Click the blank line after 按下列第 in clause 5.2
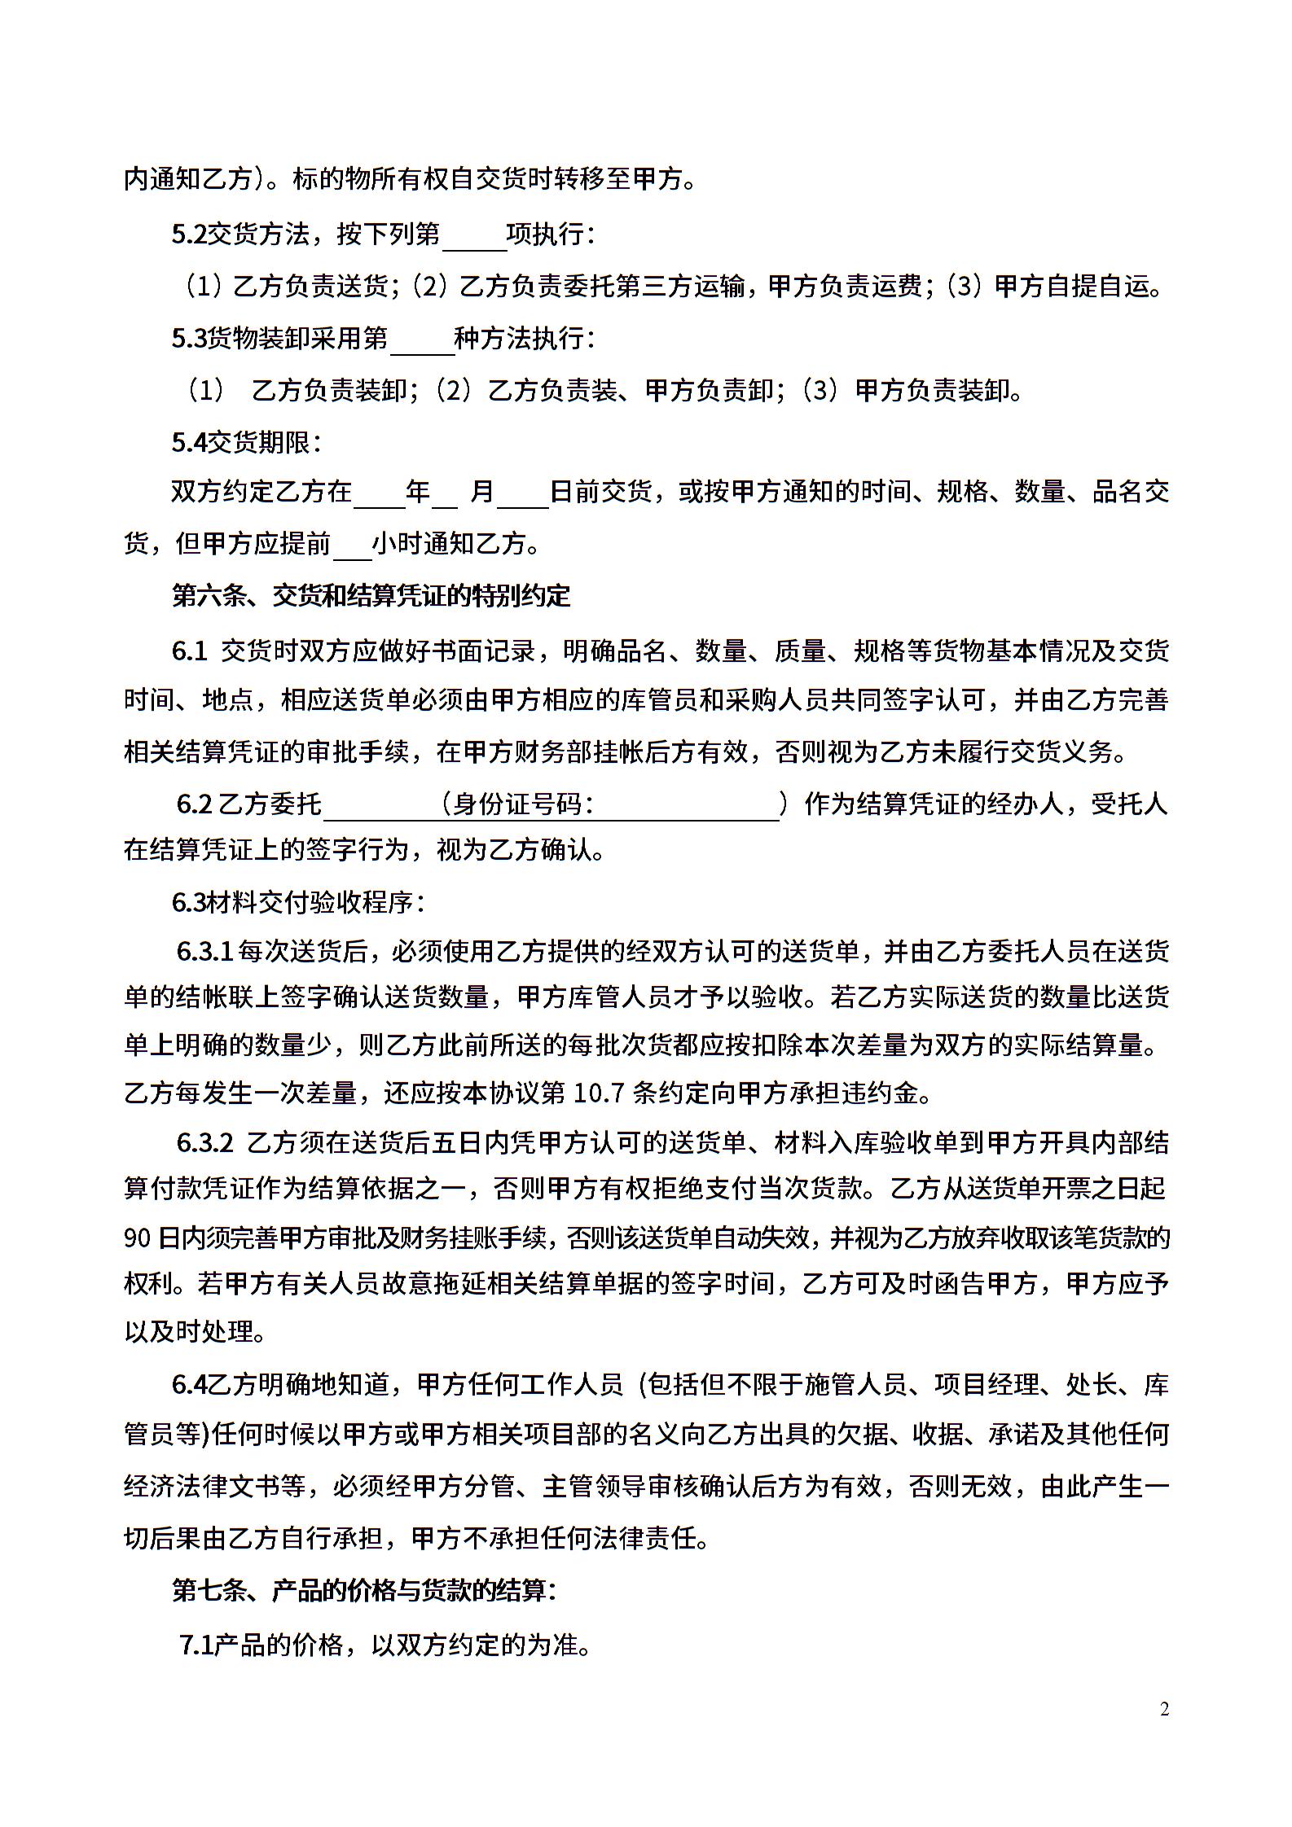pos(472,236)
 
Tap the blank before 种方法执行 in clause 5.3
pos(422,340)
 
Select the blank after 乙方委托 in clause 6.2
pos(380,805)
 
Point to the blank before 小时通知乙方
pos(352,544)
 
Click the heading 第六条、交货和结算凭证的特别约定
pos(371,596)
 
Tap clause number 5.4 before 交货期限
pos(189,443)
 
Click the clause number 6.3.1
pos(205,951)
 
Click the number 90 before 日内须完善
pos(137,1238)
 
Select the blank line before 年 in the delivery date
pos(379,493)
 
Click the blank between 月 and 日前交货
pos(523,493)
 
